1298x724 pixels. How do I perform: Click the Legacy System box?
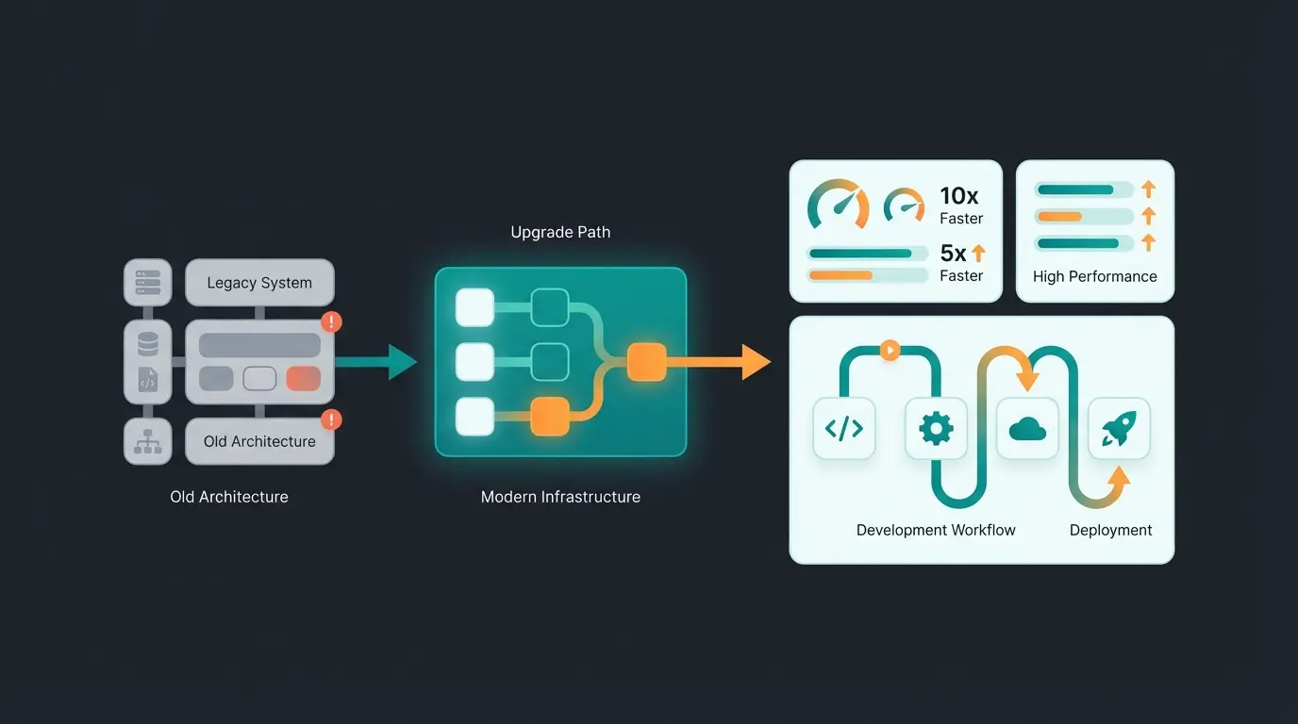[x=259, y=283]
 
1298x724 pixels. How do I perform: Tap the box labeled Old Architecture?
[x=259, y=441]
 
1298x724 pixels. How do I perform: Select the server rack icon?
[x=148, y=282]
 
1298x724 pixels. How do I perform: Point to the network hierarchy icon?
[x=148, y=441]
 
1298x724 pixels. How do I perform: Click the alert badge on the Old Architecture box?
[x=331, y=420]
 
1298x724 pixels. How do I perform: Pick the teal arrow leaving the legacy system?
[x=377, y=362]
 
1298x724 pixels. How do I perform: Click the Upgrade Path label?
[x=560, y=232]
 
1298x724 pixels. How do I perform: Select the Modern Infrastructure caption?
[x=560, y=497]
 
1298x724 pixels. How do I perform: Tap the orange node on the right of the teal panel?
[x=647, y=362]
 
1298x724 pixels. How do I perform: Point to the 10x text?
[x=959, y=196]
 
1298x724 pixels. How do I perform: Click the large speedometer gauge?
[x=838, y=205]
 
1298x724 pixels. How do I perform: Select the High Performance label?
[x=1094, y=276]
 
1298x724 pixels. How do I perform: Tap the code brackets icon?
[x=843, y=429]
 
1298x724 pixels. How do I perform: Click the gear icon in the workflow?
[x=936, y=429]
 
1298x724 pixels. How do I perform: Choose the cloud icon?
[x=1027, y=429]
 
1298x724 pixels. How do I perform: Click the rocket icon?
[x=1119, y=429]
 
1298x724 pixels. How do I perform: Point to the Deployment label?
[x=1110, y=530]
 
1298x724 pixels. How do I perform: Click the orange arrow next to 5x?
[x=978, y=254]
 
